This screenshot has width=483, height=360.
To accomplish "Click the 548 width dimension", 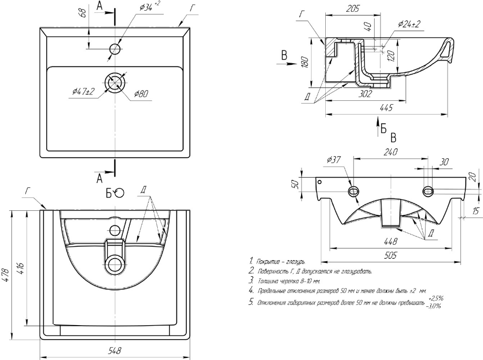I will (114, 350).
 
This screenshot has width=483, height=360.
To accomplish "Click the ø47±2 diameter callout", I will (83, 92).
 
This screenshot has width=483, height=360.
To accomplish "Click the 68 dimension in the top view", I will (83, 13).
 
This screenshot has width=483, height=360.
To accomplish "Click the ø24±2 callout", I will (409, 24).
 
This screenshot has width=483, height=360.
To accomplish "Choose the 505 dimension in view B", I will (390, 256).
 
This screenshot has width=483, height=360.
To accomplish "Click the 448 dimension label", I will (390, 241).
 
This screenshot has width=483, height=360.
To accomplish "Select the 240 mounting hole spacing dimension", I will (390, 152).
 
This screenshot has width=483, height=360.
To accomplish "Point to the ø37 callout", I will (333, 159).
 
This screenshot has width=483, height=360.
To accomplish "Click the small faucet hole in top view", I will (115, 49).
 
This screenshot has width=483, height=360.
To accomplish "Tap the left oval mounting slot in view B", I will (354, 192).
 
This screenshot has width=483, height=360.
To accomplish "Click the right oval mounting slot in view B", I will (428, 192).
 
